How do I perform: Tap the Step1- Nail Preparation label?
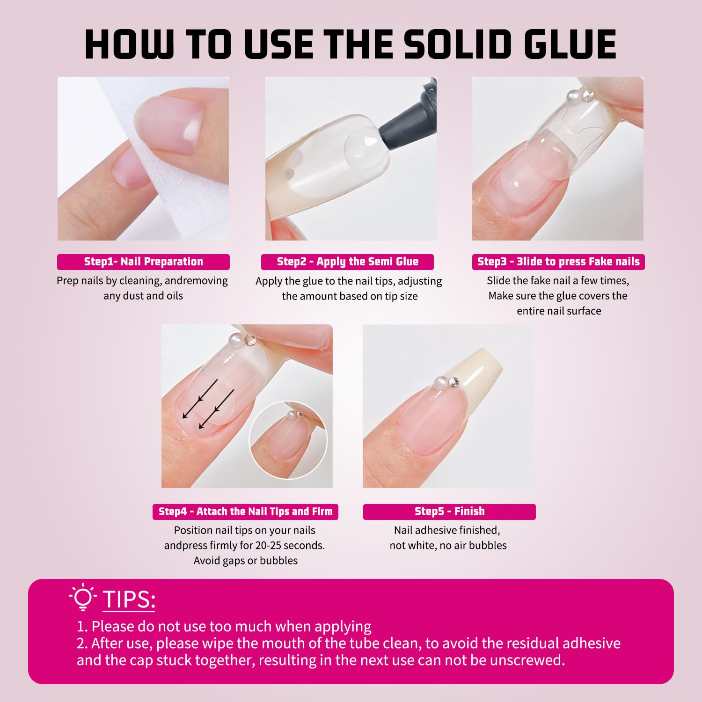[143, 262]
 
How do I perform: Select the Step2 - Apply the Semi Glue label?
[347, 262]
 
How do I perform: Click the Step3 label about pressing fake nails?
[558, 262]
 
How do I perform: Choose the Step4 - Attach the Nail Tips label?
[245, 512]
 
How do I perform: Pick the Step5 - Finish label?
[449, 512]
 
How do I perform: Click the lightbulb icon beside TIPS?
[83, 598]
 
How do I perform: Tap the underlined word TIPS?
[129, 600]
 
